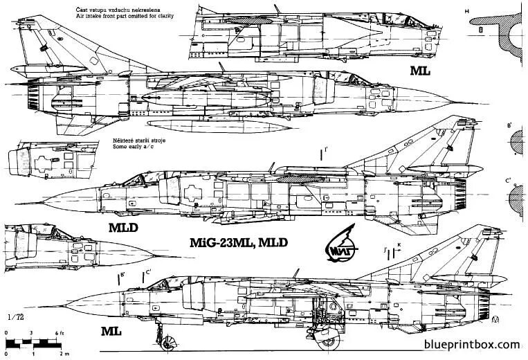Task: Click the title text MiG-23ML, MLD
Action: click(239, 242)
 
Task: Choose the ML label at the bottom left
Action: click(111, 332)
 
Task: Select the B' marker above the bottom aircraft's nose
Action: click(122, 276)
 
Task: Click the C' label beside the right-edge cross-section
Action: click(508, 181)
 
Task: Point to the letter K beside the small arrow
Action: click(399, 245)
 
